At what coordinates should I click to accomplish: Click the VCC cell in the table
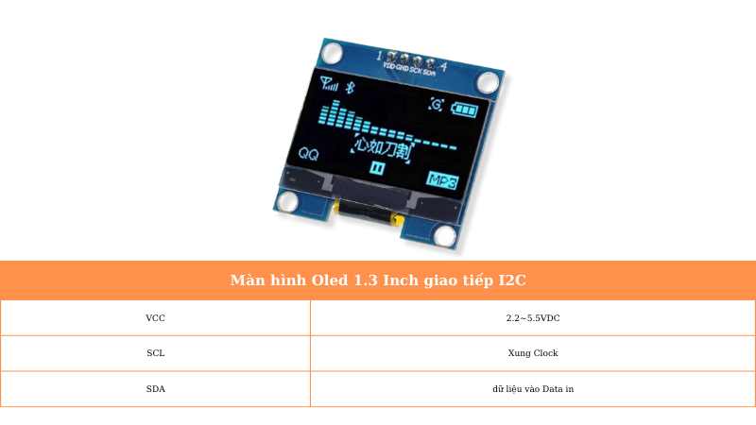pos(155,318)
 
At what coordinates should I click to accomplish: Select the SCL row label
pos(155,353)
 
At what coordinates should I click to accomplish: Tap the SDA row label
pos(155,388)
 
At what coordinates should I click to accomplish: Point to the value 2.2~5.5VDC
pos(533,318)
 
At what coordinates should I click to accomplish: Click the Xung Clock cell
pos(533,353)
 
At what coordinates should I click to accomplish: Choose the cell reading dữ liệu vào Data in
pos(533,388)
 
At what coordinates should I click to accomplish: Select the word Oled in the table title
pos(330,280)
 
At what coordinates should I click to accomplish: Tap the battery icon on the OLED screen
pos(464,110)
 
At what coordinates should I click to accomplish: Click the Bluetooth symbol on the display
pos(348,88)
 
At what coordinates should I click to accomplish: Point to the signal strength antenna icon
pos(326,82)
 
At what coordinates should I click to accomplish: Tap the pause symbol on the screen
pos(377,168)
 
